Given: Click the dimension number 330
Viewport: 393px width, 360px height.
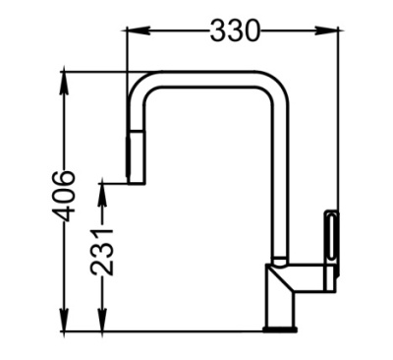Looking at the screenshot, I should [x=235, y=30].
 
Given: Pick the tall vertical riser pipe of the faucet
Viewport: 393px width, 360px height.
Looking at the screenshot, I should [x=279, y=177].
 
